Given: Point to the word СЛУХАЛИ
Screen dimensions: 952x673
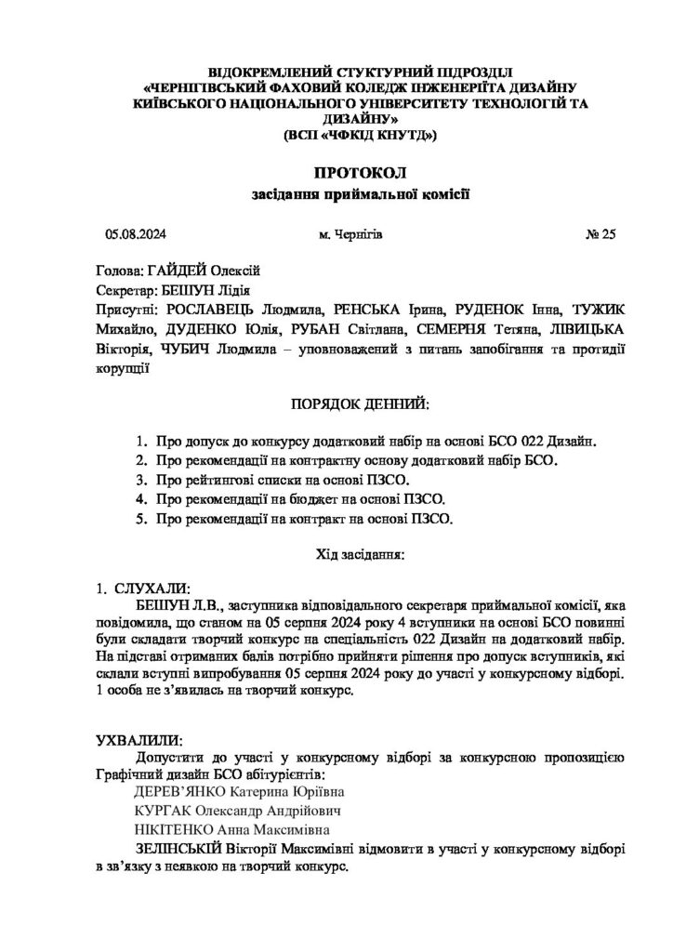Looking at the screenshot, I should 151,588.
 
